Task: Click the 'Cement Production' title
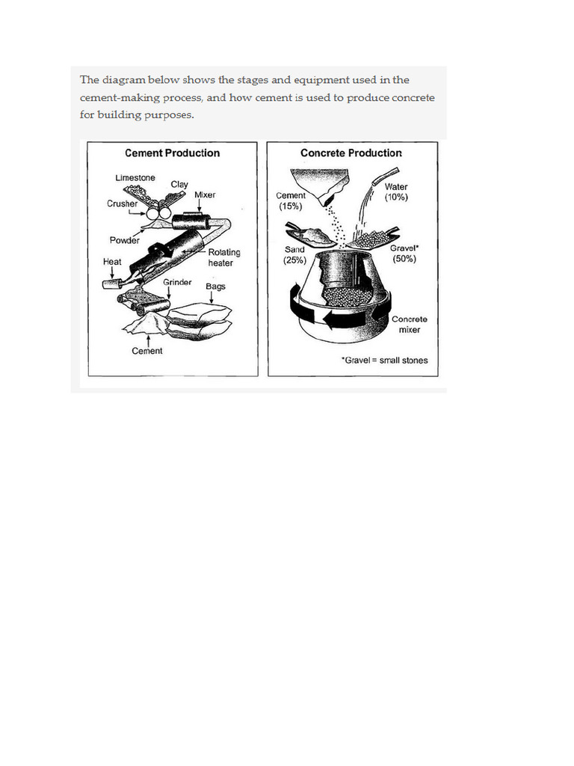pos(172,153)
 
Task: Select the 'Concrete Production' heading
pos(351,153)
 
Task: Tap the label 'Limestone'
pos(135,178)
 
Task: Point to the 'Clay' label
pos(179,184)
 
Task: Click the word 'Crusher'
pos(122,203)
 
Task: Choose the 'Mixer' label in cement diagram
pos(205,195)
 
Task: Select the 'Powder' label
pos(125,241)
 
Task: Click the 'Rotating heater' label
pos(224,258)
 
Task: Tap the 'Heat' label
pos(112,263)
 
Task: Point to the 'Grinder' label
pos(177,283)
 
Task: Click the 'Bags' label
pos(215,287)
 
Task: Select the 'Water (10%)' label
pos(396,192)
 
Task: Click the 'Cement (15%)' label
pos(291,200)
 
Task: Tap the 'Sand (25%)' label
pos(294,255)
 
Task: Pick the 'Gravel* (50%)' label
pos(404,253)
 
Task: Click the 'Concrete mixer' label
pos(410,324)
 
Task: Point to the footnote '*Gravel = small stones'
pos(384,361)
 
